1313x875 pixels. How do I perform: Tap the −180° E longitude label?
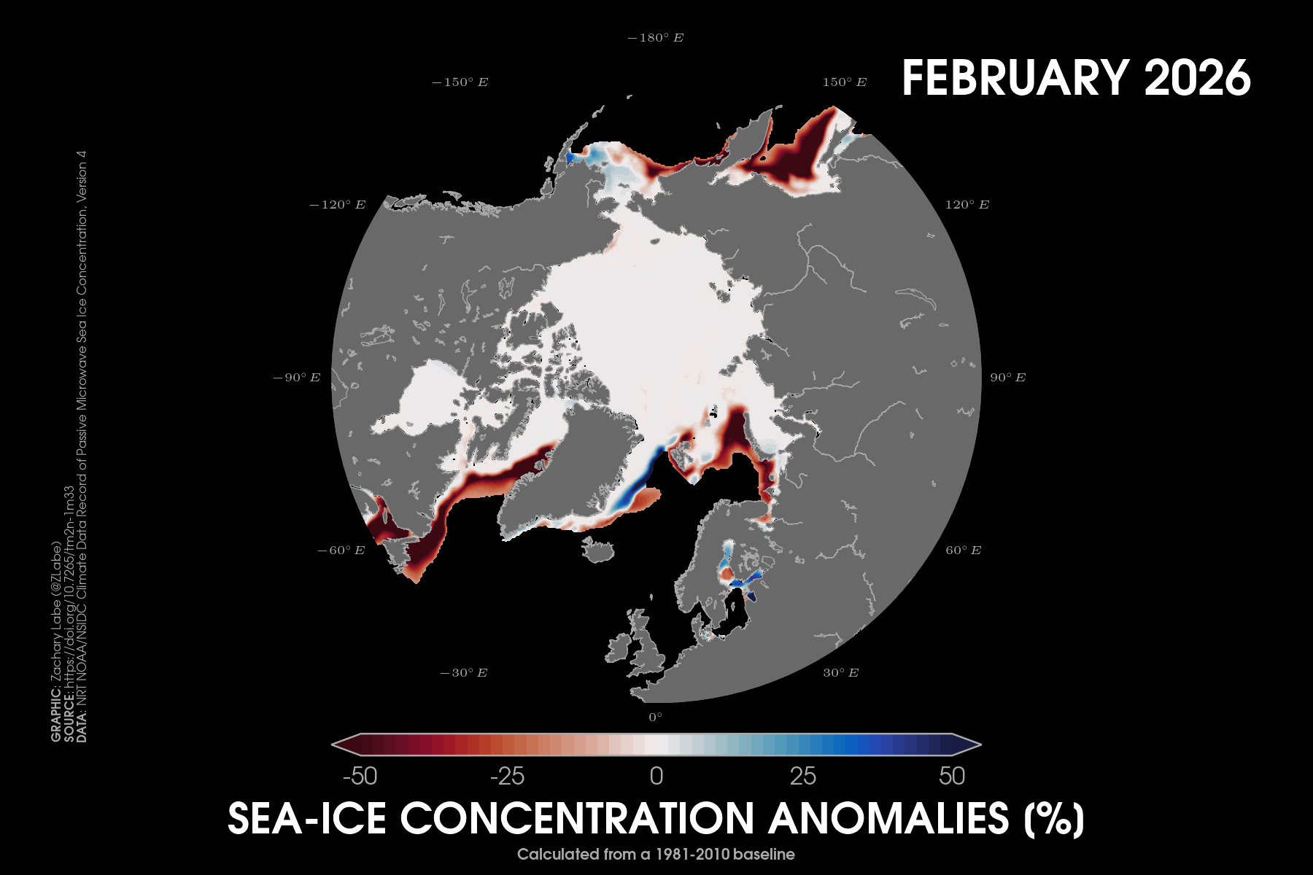pyautogui.click(x=656, y=38)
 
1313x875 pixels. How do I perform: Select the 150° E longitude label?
pyautogui.click(x=845, y=82)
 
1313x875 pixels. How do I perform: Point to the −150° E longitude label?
pyautogui.click(x=460, y=82)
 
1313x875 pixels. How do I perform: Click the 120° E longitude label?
pyautogui.click(x=967, y=205)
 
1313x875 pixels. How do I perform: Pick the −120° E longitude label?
pyautogui.click(x=338, y=205)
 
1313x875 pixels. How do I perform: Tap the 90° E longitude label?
pyautogui.click(x=1007, y=378)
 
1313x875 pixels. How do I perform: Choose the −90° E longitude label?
pyautogui.click(x=297, y=378)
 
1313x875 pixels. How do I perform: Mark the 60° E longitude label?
pyautogui.click(x=964, y=551)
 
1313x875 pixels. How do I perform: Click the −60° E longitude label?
pyautogui.click(x=341, y=551)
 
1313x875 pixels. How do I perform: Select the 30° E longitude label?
pyautogui.click(x=841, y=673)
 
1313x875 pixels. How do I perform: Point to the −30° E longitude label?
pyautogui.click(x=464, y=673)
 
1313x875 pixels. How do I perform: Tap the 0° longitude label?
pyautogui.click(x=656, y=717)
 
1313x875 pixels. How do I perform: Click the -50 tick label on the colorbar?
pyautogui.click(x=360, y=777)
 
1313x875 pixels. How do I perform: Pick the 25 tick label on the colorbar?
pyautogui.click(x=803, y=777)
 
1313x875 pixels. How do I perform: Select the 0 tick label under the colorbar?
pyautogui.click(x=656, y=777)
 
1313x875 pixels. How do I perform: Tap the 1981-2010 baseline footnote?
pyautogui.click(x=656, y=854)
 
